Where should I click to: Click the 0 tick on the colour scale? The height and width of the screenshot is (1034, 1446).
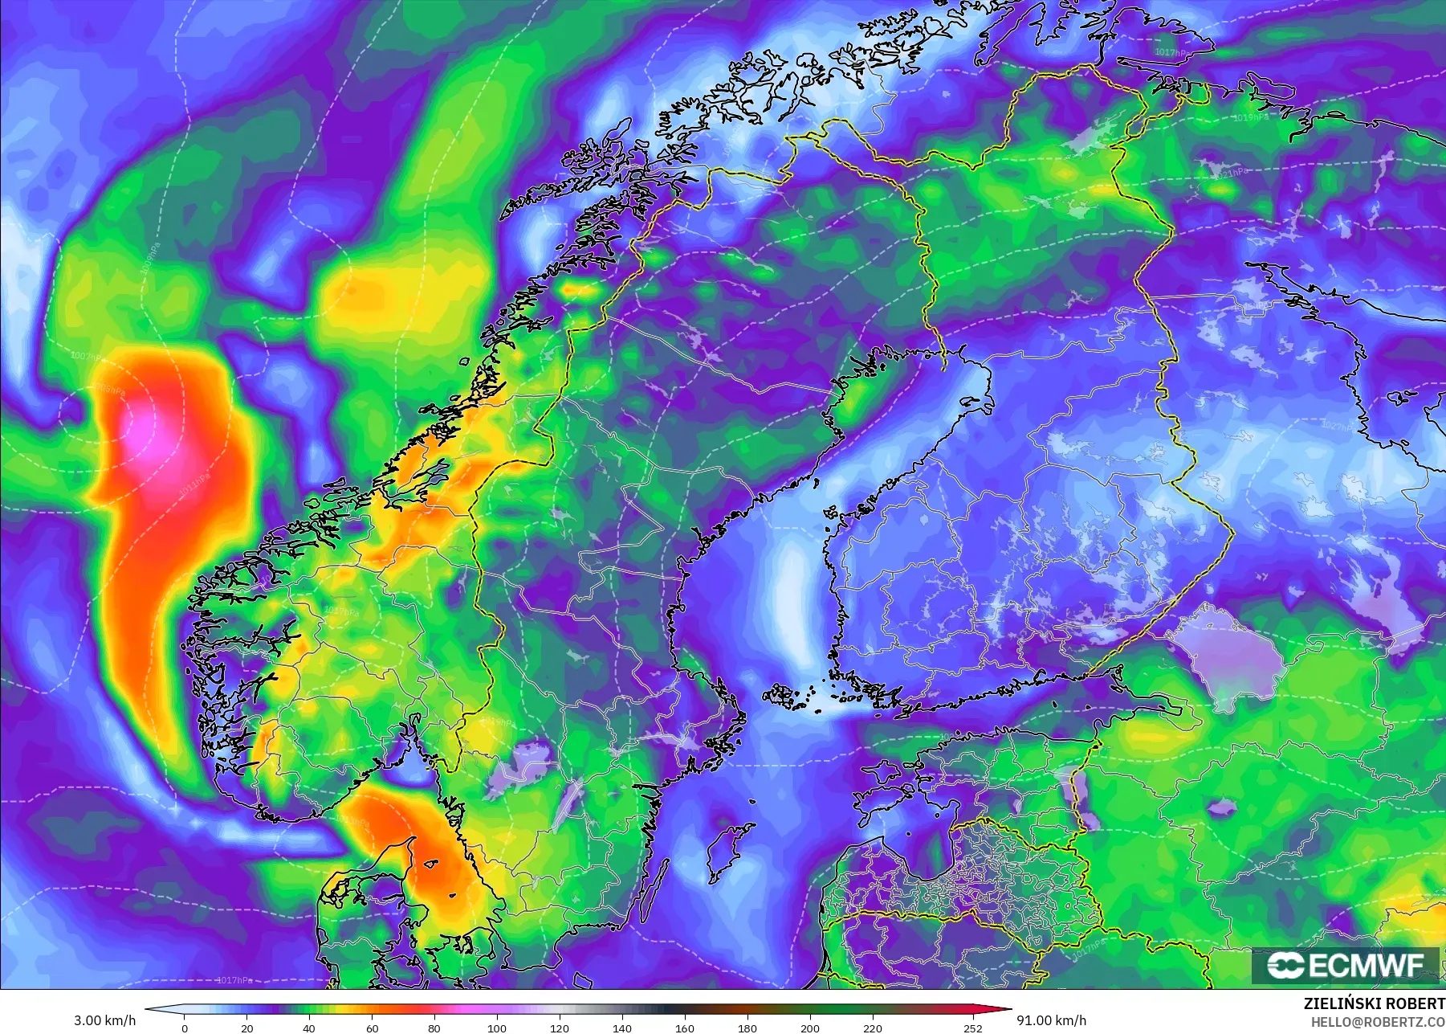(185, 1028)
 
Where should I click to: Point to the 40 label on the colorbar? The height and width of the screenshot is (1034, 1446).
(309, 1028)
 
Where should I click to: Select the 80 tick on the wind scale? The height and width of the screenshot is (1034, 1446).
(434, 1028)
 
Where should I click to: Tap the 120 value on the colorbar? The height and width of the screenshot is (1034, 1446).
(560, 1028)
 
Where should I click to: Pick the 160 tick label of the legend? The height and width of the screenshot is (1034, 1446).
(685, 1028)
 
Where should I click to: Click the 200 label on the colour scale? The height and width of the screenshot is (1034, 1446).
(810, 1028)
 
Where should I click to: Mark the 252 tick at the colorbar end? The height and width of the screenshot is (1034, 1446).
(973, 1028)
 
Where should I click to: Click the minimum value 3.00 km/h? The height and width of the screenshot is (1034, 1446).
(105, 1020)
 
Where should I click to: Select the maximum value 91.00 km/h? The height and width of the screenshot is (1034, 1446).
(1052, 1020)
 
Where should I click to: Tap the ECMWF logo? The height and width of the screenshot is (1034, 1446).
(1346, 965)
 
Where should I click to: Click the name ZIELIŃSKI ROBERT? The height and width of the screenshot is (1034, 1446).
(1374, 1003)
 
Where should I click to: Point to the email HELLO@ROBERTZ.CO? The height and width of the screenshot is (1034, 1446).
(1378, 1022)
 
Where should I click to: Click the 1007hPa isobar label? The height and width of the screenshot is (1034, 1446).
(87, 355)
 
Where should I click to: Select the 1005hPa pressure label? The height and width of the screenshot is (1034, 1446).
(111, 390)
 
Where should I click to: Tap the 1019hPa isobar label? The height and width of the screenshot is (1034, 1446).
(1252, 117)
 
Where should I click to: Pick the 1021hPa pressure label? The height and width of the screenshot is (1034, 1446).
(1231, 172)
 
